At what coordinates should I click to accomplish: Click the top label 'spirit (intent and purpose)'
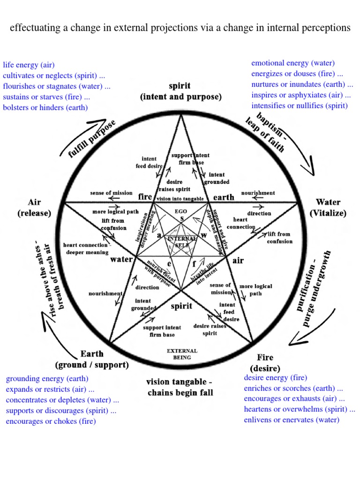click(x=180, y=92)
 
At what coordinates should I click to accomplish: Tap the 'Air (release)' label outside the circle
click(x=34, y=208)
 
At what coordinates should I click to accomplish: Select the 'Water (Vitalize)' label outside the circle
click(x=328, y=208)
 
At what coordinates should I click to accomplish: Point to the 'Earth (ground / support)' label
click(x=92, y=359)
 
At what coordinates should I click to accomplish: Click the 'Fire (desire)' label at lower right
click(x=265, y=363)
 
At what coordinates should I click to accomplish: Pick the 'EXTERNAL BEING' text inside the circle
click(x=182, y=354)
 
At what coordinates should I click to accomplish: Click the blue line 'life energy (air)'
click(x=28, y=65)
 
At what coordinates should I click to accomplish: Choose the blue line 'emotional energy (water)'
click(x=293, y=63)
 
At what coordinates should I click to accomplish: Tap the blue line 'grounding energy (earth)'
click(x=47, y=378)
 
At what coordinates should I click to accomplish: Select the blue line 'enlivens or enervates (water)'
click(x=291, y=420)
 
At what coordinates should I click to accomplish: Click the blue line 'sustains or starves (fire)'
click(x=46, y=97)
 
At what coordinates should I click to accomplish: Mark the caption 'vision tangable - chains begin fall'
click(x=180, y=387)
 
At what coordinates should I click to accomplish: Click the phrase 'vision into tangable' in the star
click(x=180, y=199)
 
